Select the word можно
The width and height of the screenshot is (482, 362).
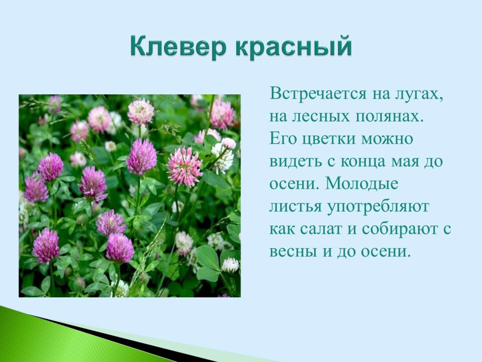389,139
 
